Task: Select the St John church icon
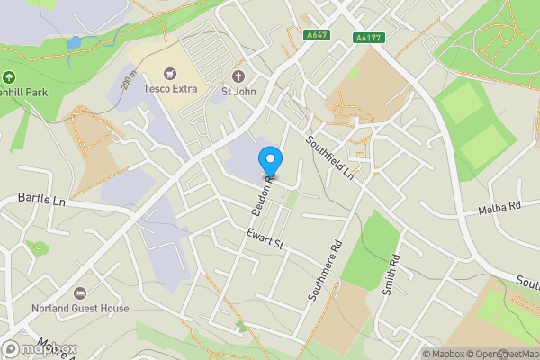pyautogui.click(x=239, y=75)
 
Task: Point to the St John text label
pyautogui.click(x=238, y=90)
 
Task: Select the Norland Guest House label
pyautogui.click(x=79, y=308)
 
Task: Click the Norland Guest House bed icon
pyautogui.click(x=79, y=293)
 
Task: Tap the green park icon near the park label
pyautogui.click(x=10, y=77)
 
